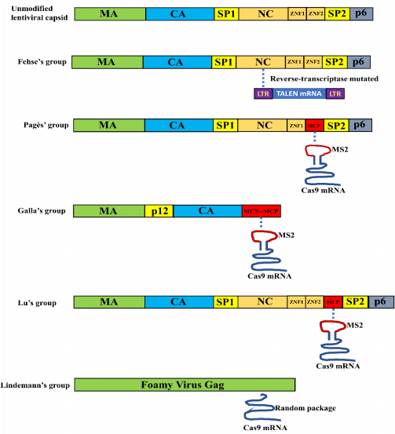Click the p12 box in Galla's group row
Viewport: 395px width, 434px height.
coord(159,211)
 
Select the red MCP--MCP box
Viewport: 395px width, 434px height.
coord(261,211)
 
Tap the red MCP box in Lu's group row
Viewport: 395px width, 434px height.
coord(333,301)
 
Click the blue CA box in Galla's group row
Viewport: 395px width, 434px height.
coord(207,211)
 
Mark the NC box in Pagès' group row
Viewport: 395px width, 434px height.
coord(263,125)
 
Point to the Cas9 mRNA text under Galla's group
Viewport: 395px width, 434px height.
coord(270,276)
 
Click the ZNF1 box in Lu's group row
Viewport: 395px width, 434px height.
coord(296,301)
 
